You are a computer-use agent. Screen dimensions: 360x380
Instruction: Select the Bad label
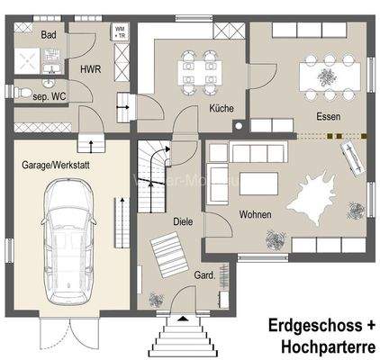point(50,35)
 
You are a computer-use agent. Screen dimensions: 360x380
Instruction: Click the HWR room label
point(90,69)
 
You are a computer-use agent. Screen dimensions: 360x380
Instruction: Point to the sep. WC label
point(50,94)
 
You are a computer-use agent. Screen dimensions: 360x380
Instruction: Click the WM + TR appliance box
point(120,32)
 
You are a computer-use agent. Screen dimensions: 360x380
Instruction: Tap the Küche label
point(222,108)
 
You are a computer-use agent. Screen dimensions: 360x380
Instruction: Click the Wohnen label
point(256,214)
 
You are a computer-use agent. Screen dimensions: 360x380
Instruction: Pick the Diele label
point(184,220)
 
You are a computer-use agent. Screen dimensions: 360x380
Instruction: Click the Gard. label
point(204,274)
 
